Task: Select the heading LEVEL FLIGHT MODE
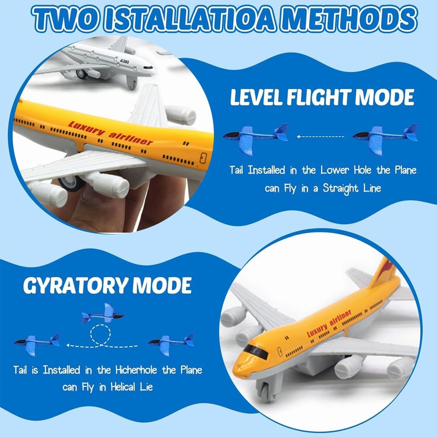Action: [x=322, y=97]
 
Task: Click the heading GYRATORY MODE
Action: [x=107, y=286]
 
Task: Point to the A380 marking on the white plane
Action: [x=124, y=61]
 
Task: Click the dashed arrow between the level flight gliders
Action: [x=320, y=137]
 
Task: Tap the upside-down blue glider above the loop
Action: [x=102, y=313]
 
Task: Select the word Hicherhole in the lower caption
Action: [x=137, y=370]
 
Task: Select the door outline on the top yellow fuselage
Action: [x=203, y=158]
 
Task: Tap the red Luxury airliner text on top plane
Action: [x=110, y=133]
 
